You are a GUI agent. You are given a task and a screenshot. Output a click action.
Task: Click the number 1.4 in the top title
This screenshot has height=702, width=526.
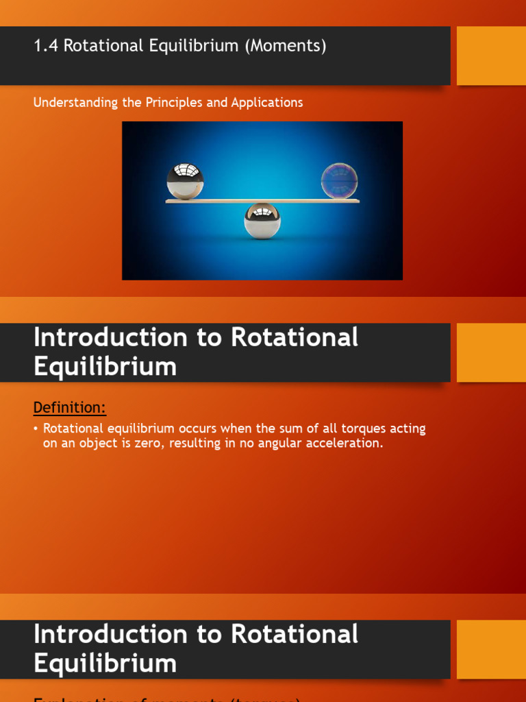(x=43, y=46)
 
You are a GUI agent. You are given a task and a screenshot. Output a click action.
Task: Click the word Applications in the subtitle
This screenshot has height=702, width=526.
(x=266, y=103)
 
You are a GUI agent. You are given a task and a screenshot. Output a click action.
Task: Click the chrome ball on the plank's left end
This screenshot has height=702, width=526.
(x=185, y=181)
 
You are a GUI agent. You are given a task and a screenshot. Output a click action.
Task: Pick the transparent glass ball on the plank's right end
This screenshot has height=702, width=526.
(x=340, y=181)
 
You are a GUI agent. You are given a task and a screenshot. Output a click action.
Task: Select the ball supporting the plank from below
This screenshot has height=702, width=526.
(x=262, y=220)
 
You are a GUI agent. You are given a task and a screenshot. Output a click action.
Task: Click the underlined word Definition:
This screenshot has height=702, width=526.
(x=70, y=408)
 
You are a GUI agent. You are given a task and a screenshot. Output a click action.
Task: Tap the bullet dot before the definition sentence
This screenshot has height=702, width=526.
(x=36, y=429)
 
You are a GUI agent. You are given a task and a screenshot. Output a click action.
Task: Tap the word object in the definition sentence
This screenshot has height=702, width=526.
(x=93, y=444)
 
